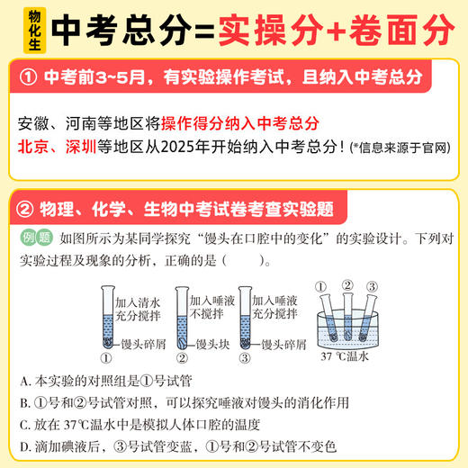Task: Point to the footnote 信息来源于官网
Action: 403,148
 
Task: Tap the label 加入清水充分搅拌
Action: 138,310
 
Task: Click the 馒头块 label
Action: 216,344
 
